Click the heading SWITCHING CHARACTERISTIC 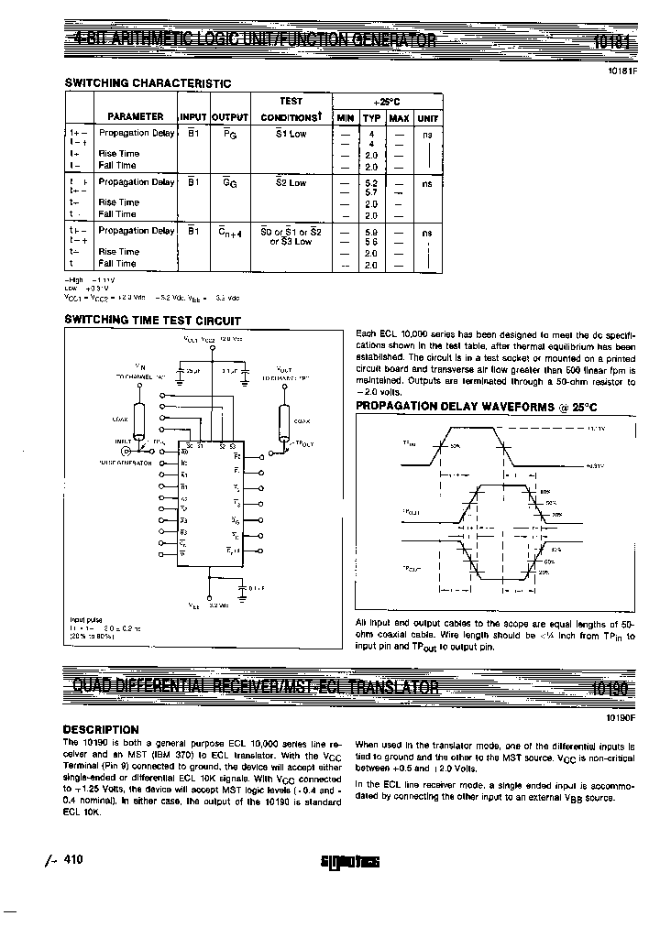[148, 83]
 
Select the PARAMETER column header [136, 117]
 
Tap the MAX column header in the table [399, 118]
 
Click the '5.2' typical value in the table [371, 183]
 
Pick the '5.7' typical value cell [371, 192]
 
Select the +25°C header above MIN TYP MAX [386, 101]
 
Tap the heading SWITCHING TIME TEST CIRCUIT [152, 321]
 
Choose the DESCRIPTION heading [101, 729]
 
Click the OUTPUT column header [230, 118]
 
